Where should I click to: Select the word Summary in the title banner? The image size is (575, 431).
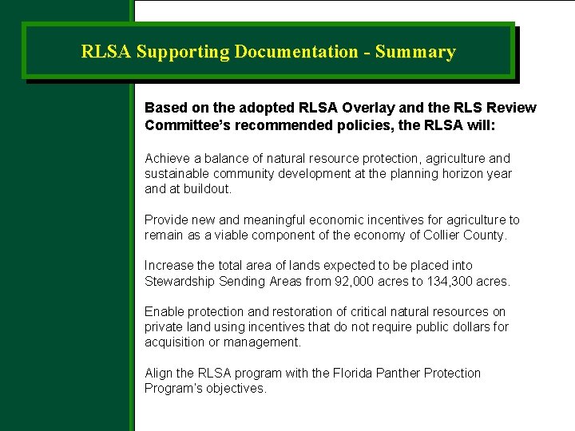click(x=415, y=53)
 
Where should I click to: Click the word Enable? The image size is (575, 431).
click(x=164, y=312)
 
